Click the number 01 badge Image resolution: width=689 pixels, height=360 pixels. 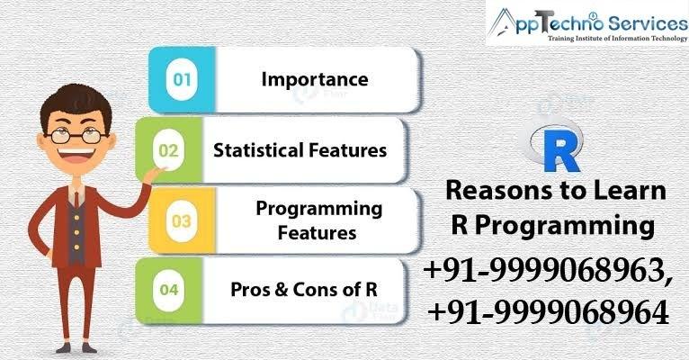(182, 79)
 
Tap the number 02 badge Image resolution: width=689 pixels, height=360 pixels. (169, 150)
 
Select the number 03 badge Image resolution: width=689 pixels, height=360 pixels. (182, 220)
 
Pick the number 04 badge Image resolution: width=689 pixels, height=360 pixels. (169, 290)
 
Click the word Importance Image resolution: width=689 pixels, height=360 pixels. (315, 79)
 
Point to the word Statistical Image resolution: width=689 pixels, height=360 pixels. (258, 150)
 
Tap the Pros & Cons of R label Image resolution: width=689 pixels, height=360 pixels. (304, 290)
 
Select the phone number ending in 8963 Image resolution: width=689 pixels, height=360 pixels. (548, 270)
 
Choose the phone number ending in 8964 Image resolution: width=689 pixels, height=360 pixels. (549, 312)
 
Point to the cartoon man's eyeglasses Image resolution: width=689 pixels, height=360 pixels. (76, 135)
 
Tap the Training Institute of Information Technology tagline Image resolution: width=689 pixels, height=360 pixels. (617, 39)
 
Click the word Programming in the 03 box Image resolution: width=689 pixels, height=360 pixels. (319, 210)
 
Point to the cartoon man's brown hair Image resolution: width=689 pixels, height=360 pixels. (76, 105)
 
